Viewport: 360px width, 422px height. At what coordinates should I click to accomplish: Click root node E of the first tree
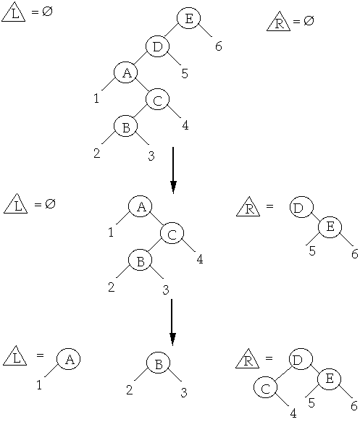click(189, 18)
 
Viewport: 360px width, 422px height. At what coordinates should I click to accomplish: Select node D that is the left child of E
click(157, 46)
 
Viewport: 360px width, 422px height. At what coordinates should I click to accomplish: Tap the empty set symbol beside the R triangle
click(309, 20)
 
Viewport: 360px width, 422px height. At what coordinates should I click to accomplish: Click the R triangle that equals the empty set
click(278, 22)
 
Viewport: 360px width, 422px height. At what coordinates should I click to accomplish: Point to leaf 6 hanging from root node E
click(219, 46)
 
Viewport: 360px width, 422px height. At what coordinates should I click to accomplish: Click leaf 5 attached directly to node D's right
click(185, 73)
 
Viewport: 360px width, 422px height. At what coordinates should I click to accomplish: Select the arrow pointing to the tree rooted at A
click(173, 170)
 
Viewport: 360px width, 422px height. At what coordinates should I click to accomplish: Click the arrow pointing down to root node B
click(172, 322)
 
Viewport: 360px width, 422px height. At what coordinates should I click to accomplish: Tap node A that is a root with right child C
click(141, 206)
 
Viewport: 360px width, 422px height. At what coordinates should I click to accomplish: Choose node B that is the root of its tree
click(159, 363)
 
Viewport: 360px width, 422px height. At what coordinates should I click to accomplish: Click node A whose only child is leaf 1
click(69, 359)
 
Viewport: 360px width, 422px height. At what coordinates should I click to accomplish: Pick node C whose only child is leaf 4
click(266, 387)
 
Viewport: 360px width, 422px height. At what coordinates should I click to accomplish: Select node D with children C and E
click(301, 359)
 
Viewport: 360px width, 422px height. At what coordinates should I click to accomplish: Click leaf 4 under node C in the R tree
click(293, 413)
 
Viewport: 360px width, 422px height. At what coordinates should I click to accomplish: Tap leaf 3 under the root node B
click(184, 392)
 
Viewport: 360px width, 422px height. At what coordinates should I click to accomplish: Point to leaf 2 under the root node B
click(130, 389)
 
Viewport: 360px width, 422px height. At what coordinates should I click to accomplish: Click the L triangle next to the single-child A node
click(15, 357)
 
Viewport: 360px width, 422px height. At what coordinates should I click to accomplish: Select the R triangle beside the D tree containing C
click(248, 360)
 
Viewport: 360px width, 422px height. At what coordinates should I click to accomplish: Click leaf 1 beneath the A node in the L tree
click(39, 385)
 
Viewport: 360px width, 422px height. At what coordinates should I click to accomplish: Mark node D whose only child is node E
click(302, 207)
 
